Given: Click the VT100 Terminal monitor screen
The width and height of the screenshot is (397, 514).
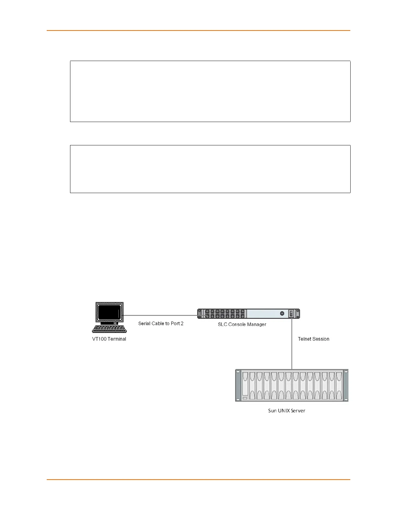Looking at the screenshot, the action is [109, 312].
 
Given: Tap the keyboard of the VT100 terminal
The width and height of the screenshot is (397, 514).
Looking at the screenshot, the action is [109, 329].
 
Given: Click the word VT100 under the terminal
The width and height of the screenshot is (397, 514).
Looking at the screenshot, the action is [99, 339].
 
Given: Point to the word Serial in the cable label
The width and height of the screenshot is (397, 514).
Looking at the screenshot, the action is [144, 324].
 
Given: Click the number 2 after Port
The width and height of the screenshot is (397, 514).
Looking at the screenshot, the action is [182, 324].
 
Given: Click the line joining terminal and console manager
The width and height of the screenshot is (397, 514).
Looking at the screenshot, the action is [160, 315].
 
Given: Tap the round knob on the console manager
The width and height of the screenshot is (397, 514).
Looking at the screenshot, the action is [282, 313].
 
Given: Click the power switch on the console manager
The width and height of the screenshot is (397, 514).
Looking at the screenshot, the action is [291, 313].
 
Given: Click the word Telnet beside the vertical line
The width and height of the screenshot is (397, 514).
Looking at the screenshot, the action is [305, 339].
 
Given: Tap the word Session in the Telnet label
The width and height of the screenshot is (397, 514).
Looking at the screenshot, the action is [321, 339].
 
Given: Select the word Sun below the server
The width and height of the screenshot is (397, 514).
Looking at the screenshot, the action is [272, 411].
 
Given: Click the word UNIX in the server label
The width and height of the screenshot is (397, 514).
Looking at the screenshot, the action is [284, 411].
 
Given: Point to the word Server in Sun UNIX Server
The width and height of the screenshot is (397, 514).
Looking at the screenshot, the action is [298, 411].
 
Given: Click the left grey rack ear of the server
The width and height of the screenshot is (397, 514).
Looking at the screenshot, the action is [238, 385].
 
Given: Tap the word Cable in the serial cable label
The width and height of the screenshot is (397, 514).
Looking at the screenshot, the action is [158, 324].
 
